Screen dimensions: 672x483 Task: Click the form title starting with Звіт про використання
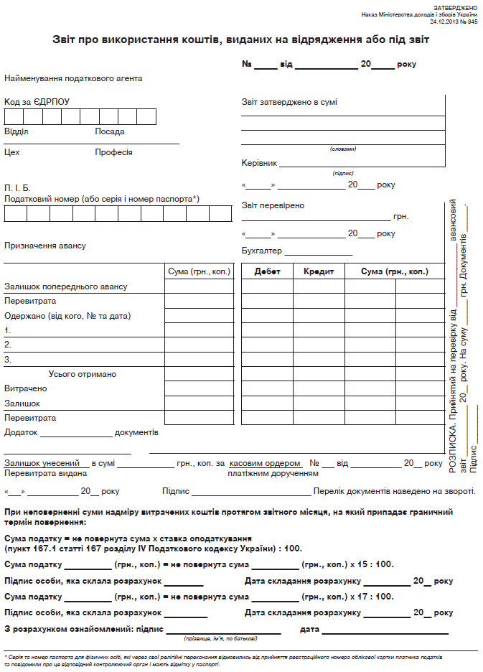241,40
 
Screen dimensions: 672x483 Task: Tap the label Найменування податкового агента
73,78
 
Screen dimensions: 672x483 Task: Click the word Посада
110,131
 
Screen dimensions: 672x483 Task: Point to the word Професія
113,152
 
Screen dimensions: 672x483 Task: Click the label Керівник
259,163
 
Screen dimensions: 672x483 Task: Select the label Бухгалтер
262,251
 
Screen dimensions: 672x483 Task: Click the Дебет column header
267,271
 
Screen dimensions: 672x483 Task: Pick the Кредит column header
319,271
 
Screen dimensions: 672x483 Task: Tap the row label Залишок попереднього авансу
65,286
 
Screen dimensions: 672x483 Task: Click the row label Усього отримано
83,374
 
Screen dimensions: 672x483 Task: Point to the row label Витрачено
26,388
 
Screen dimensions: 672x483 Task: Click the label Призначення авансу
45,246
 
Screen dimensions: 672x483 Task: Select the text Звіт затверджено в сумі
289,102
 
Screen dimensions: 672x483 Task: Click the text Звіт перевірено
273,205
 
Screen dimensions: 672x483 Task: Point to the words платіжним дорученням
273,474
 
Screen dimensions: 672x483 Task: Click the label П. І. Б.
18,187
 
